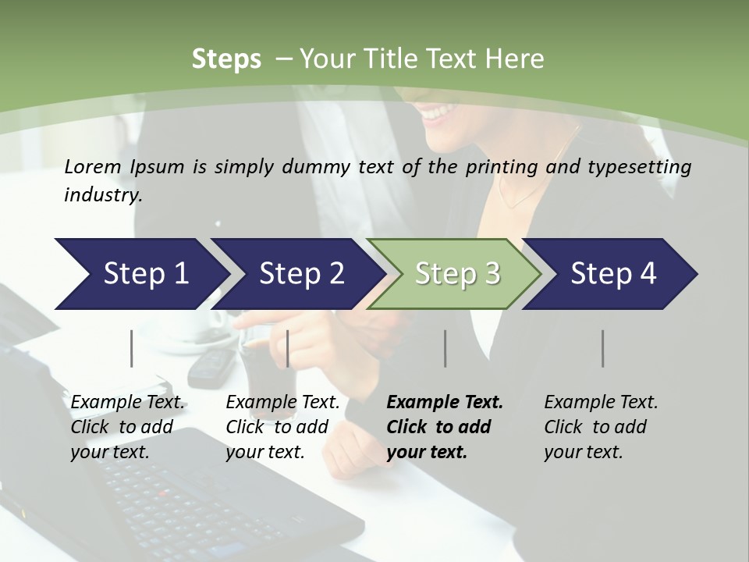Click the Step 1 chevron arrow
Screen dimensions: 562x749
(x=140, y=274)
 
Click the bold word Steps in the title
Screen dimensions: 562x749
(x=226, y=59)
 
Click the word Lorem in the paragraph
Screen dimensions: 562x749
(x=93, y=167)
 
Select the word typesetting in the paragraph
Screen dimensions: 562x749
(x=644, y=167)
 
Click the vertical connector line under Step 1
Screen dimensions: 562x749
(x=132, y=348)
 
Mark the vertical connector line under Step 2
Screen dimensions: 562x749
(x=288, y=348)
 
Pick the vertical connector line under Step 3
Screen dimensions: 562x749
(x=445, y=348)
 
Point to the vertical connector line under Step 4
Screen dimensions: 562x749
(x=603, y=348)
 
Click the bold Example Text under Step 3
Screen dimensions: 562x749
(x=445, y=403)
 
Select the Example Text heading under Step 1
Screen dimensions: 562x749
(x=127, y=403)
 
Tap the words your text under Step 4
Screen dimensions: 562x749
(x=583, y=453)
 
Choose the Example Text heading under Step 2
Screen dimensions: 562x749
(x=282, y=403)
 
